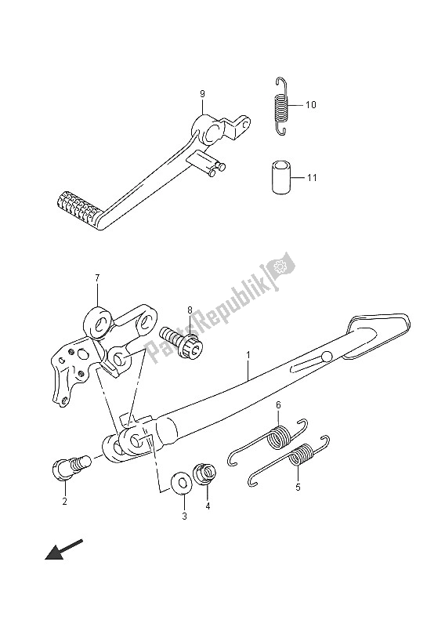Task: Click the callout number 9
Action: tap(202, 94)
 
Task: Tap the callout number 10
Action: tap(311, 105)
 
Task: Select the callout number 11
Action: tap(312, 177)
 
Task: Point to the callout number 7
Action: tap(98, 277)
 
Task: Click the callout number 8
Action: tap(190, 310)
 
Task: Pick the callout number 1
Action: tap(248, 354)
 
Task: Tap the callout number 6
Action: tap(278, 405)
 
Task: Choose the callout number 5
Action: tap(298, 487)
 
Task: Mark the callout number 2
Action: tap(65, 501)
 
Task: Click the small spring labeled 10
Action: tap(282, 106)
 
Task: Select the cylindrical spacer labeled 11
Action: tap(280, 177)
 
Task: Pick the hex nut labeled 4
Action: tap(204, 473)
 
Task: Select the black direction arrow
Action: tap(64, 549)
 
